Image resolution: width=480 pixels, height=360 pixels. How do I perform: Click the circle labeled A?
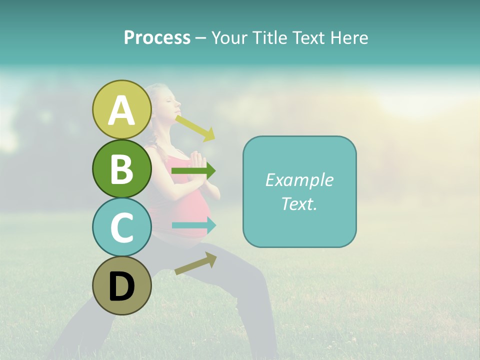pos(121,109)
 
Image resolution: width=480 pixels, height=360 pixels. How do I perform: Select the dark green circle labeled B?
pos(121,168)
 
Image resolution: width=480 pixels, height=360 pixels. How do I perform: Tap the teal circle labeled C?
pos(121,227)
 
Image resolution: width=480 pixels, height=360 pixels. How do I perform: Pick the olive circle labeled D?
pos(121,285)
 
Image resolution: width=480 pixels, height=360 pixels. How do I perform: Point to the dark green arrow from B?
pos(193,171)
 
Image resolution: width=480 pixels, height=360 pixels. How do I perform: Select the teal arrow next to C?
pos(194,225)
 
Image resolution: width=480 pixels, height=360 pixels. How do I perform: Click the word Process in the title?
pos(157,37)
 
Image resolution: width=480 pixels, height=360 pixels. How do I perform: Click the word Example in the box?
pos(299,180)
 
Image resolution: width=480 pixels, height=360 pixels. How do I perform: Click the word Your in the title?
pos(230,37)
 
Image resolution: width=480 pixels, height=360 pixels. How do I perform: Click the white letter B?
pos(121,168)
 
